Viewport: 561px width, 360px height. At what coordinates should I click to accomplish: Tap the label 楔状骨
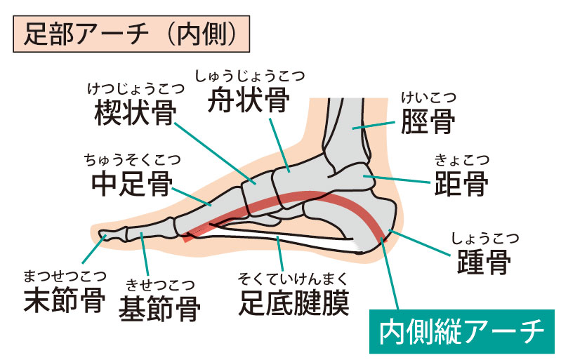click(135, 114)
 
